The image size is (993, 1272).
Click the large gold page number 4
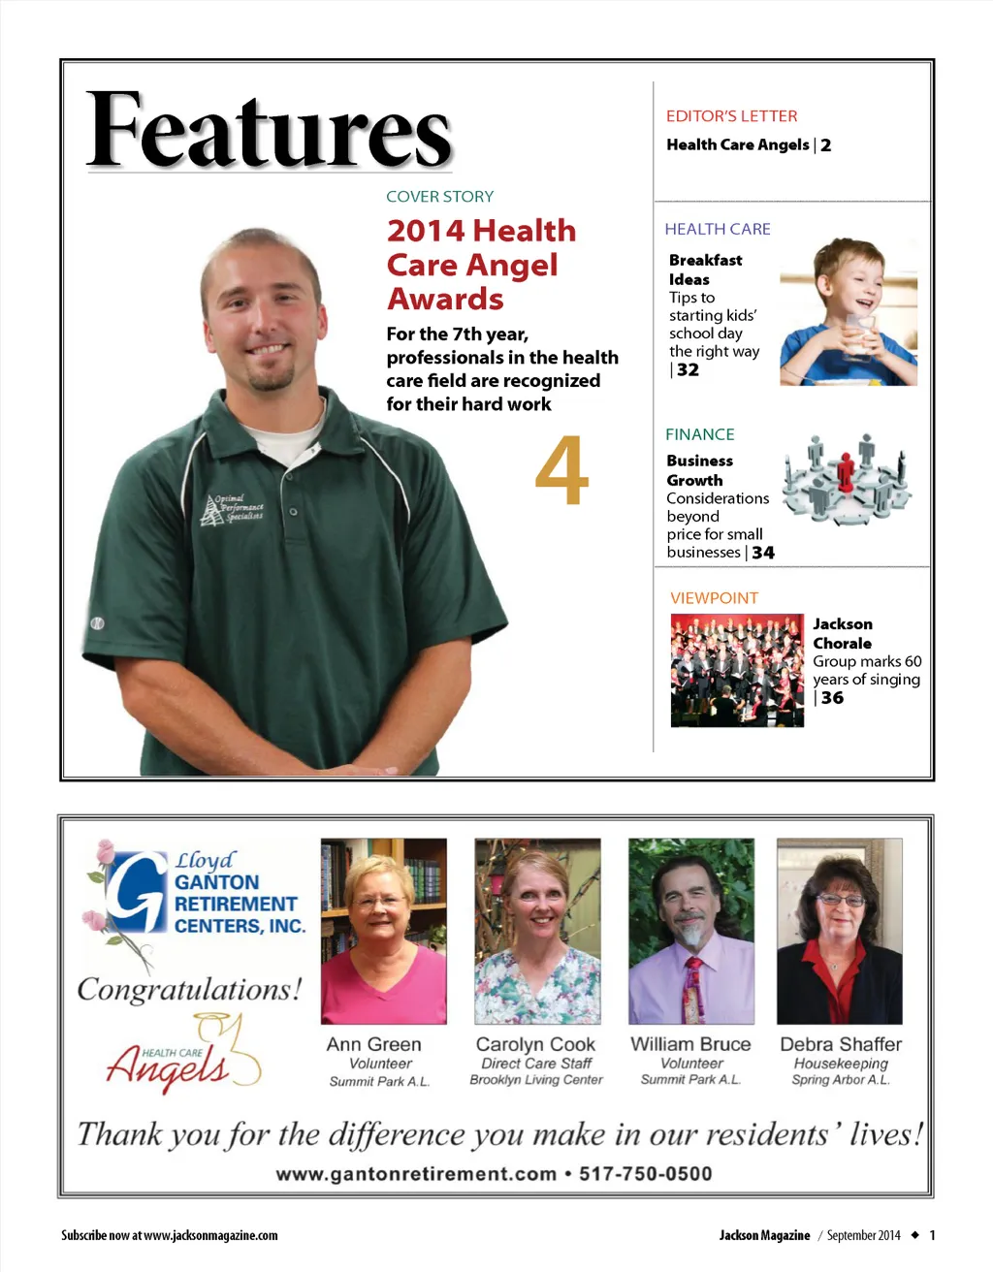pos(561,471)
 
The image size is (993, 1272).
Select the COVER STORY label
pos(439,197)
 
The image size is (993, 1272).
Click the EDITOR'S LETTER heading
pos(731,116)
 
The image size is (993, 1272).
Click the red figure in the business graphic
pos(846,472)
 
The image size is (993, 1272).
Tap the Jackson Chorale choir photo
pos(737,670)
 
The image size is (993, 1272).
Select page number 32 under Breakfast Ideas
pos(688,370)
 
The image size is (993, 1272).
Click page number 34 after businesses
pos(763,553)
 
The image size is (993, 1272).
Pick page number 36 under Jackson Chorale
pos(832,698)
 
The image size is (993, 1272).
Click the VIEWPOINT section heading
pos(714,598)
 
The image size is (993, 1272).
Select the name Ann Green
pos(373,1044)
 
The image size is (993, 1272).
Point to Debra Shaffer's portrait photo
pos(839,931)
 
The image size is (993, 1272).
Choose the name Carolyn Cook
pos(535,1044)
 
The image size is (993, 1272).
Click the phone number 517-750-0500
pos(645,1174)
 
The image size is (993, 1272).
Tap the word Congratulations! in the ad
pos(189,990)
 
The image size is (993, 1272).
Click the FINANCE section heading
pos(699,434)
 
